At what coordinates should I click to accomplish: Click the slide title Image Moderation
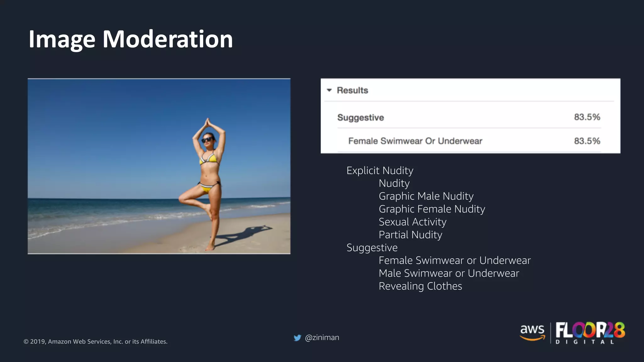coord(130,39)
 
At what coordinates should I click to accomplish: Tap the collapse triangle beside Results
coord(329,90)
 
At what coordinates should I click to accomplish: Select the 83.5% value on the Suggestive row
coord(587,117)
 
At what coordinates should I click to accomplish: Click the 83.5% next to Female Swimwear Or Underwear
coord(587,141)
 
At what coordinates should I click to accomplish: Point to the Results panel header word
coord(352,90)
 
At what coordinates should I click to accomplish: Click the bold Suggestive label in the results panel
coord(360,118)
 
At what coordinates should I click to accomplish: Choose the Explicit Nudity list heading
coord(380,171)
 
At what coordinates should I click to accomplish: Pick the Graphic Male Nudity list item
coord(426,196)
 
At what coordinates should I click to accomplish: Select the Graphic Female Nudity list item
coord(432,209)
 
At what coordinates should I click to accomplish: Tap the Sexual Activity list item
coord(412,222)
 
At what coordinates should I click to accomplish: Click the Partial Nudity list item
coord(410,235)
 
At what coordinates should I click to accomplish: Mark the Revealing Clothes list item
coord(420,286)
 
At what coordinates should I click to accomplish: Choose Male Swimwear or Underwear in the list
coord(449,273)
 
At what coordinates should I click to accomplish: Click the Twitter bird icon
coord(297,338)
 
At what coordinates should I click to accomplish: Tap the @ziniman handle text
coord(322,337)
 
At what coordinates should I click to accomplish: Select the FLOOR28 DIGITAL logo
coord(590,333)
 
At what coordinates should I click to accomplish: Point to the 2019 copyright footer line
coord(95,342)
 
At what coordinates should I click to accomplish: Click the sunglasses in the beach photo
coord(207,140)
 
